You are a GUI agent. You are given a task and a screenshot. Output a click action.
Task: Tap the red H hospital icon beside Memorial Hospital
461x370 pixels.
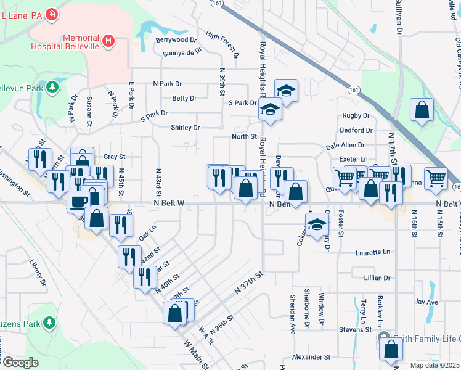(108, 41)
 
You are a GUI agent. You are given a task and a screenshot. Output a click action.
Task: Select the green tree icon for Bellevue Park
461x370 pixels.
(54, 86)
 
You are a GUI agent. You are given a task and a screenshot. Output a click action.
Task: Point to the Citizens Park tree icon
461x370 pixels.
(49, 323)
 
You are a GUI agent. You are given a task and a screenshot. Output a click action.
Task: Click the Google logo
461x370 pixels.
(20, 363)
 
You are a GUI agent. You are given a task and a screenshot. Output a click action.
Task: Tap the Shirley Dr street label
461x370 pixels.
(186, 128)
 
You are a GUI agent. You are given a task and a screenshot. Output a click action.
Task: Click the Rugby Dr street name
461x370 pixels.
(356, 115)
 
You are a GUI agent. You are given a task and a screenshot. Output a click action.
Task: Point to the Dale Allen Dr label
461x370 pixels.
(345, 146)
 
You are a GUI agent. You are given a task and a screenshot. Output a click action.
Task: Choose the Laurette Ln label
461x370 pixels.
(373, 252)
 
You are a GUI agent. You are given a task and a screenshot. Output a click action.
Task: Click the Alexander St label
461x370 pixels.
(311, 357)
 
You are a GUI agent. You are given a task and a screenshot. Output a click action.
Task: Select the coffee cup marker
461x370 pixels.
(78, 201)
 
